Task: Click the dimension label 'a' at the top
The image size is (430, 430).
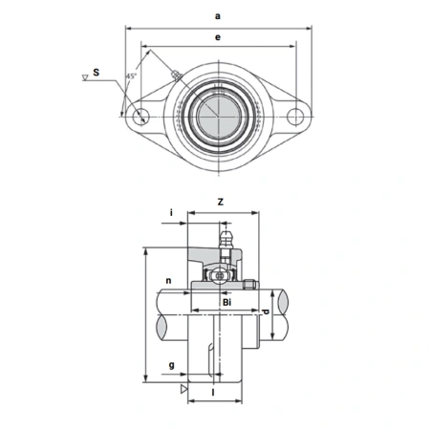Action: (219, 16)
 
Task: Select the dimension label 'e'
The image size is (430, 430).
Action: (219, 36)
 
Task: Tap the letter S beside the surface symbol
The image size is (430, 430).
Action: (96, 73)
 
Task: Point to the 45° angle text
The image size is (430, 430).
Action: (131, 76)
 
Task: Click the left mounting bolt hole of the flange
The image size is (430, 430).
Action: (141, 118)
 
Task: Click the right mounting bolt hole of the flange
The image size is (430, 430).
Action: (297, 118)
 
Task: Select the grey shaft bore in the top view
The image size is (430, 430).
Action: (219, 116)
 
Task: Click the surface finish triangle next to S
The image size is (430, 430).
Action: (85, 83)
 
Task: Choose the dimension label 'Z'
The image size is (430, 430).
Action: (220, 202)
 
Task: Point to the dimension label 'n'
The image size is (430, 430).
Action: (167, 281)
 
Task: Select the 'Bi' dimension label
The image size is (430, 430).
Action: (226, 302)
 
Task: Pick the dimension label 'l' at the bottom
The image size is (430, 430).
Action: (212, 393)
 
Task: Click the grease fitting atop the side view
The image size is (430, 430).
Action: (227, 239)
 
